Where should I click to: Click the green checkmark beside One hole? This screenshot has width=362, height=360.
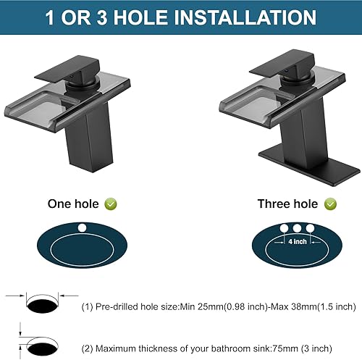click(111, 205)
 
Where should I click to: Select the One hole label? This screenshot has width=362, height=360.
click(73, 205)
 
